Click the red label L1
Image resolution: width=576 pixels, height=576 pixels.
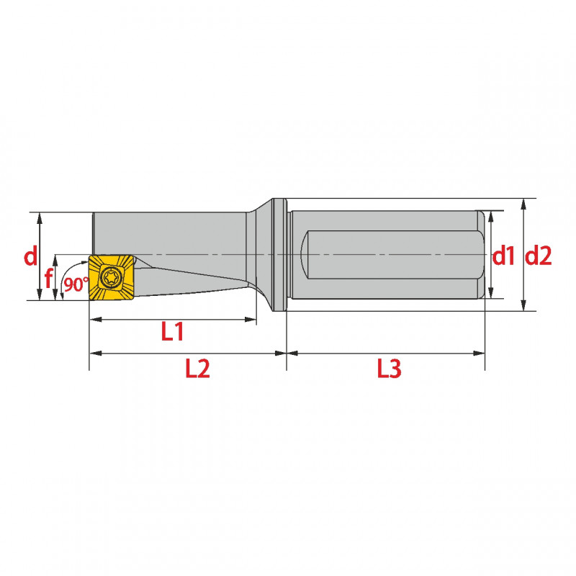172,332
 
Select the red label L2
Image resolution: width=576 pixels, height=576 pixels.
197,369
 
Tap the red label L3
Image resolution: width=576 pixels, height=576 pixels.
389,369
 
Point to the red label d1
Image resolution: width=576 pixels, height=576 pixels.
503,256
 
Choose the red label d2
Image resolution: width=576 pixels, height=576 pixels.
538,256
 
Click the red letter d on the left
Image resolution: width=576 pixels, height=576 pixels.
30,256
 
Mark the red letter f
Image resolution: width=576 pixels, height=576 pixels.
48,279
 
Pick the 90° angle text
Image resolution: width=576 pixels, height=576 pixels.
76,284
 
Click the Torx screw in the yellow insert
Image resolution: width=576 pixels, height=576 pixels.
109,276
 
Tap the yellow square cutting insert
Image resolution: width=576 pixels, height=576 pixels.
111,277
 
